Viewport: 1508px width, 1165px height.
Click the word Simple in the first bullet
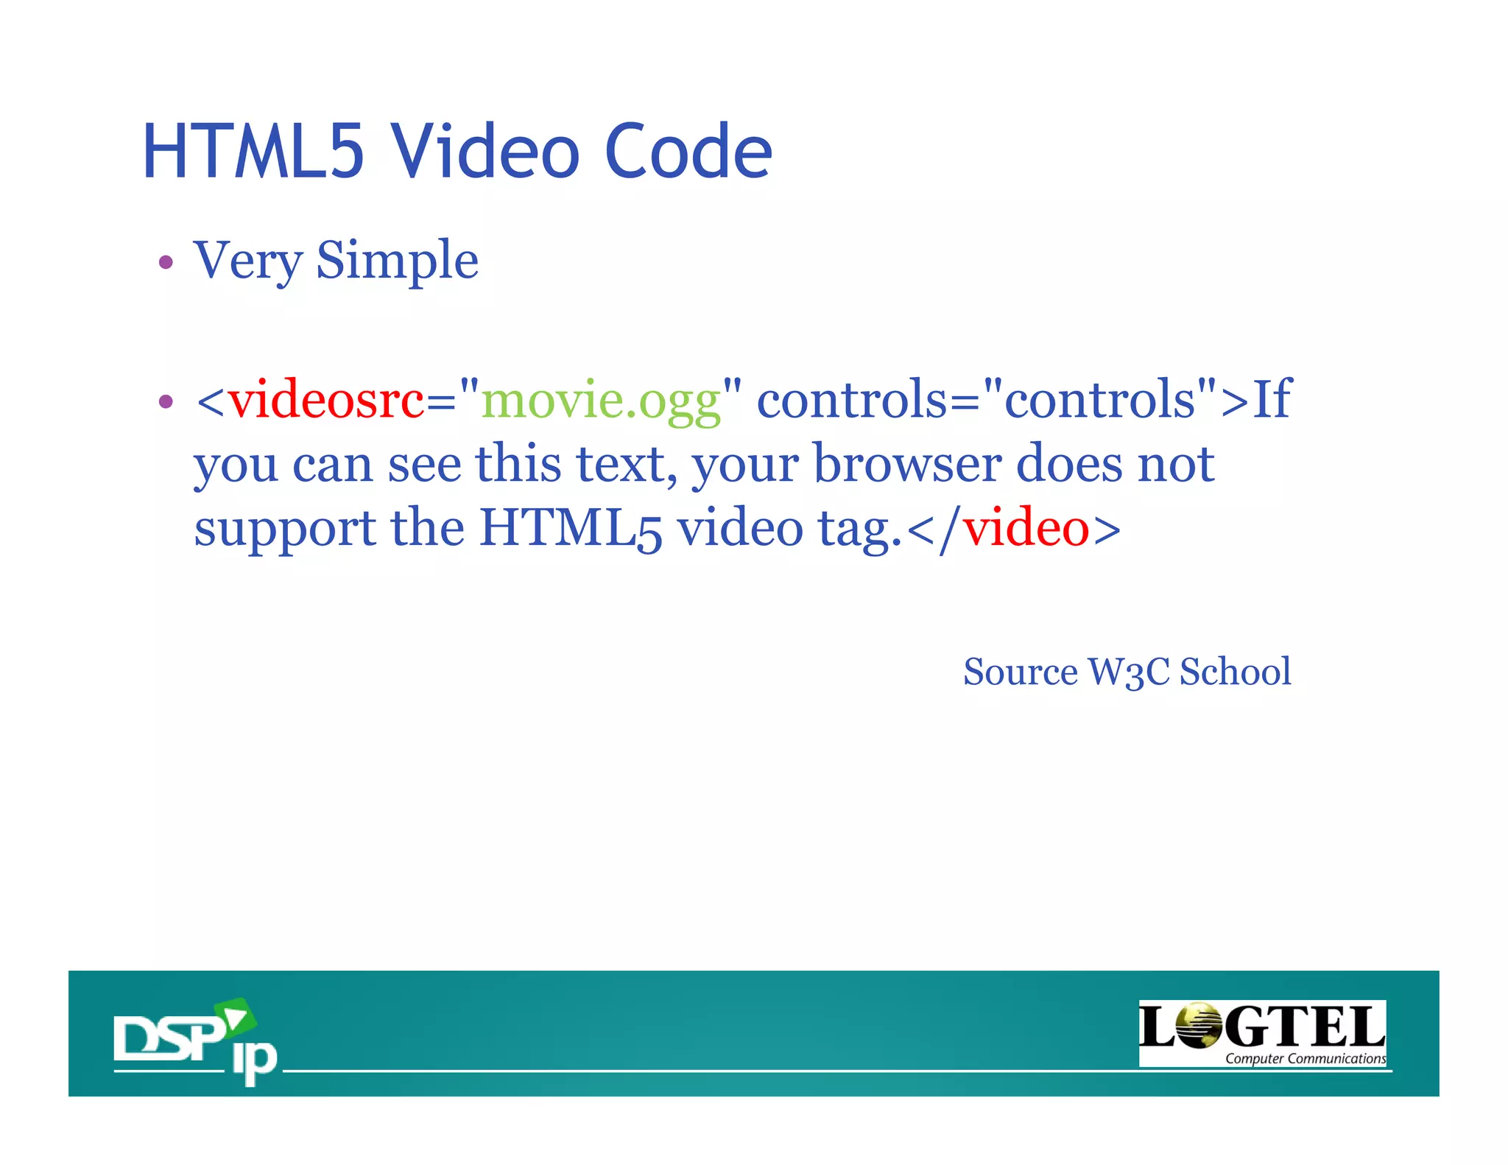pyautogui.click(x=397, y=261)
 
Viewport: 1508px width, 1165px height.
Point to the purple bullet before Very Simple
pyautogui.click(x=166, y=262)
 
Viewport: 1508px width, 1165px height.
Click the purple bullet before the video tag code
pyautogui.click(x=166, y=401)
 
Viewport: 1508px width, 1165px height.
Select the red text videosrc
pyautogui.click(x=326, y=400)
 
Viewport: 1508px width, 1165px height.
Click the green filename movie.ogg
pyautogui.click(x=600, y=401)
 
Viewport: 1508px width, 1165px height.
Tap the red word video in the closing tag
pyautogui.click(x=1026, y=529)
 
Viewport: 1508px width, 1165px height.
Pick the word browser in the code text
pyautogui.click(x=907, y=464)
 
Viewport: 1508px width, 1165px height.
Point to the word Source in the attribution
pyautogui.click(x=1020, y=672)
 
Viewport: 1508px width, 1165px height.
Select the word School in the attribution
pyautogui.click(x=1235, y=672)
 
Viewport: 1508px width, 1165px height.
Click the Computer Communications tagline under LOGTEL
pyautogui.click(x=1305, y=1059)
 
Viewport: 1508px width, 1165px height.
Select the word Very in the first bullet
pyautogui.click(x=247, y=261)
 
